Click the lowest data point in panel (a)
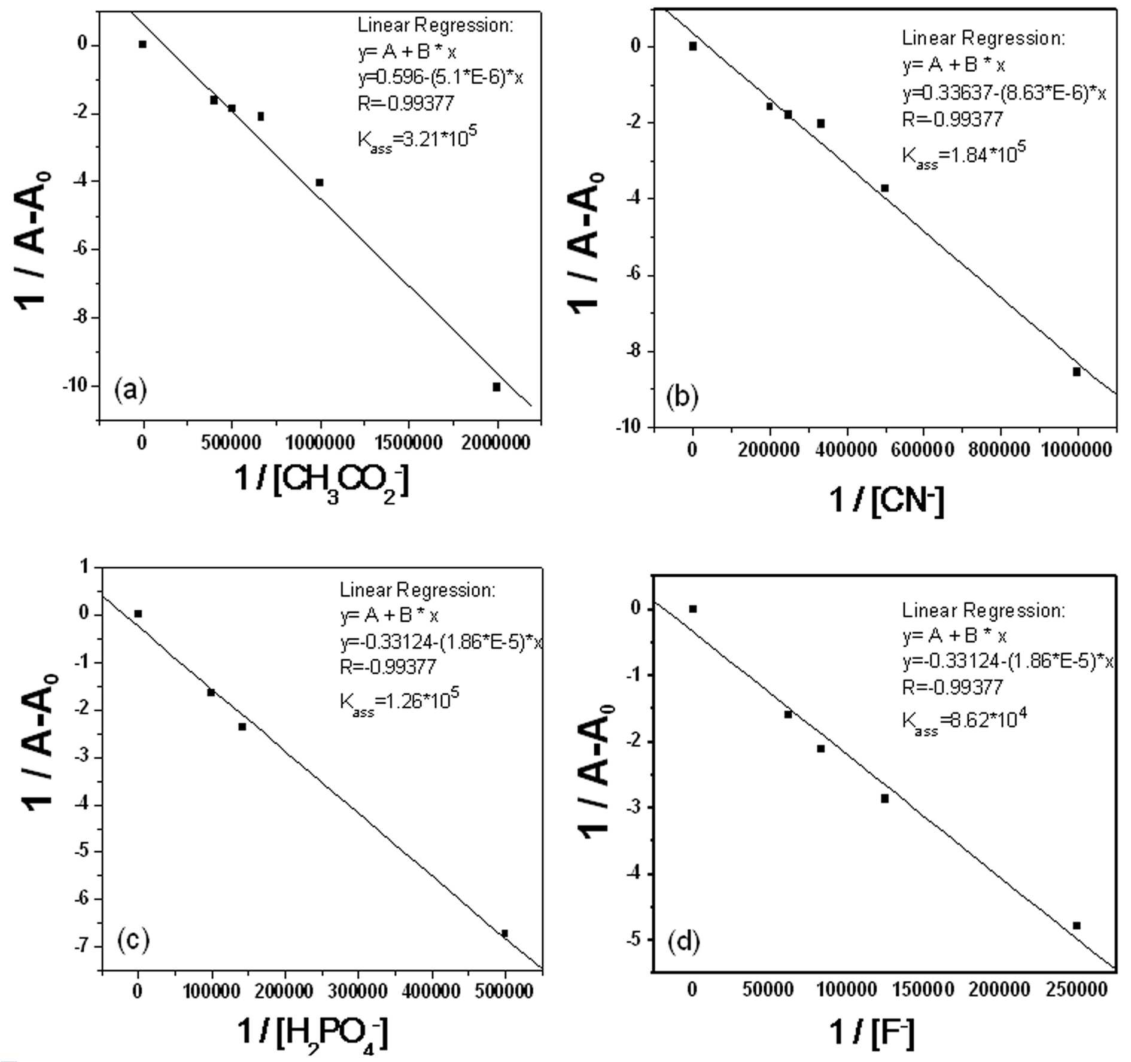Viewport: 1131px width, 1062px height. coord(496,387)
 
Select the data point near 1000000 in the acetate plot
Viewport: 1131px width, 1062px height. coord(320,182)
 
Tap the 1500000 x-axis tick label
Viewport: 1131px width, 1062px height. coord(409,443)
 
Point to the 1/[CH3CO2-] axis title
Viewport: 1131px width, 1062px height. coord(322,482)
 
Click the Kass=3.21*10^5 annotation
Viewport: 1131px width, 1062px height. coord(417,139)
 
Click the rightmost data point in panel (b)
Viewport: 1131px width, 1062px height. coord(1077,372)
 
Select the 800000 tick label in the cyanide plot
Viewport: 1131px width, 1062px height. coord(999,449)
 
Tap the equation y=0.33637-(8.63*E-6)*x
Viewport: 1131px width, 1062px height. coord(1004,93)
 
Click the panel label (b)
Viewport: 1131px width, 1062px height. coord(682,397)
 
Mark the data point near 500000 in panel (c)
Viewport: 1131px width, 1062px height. coord(504,933)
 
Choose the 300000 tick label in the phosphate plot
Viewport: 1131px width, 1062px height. coord(358,991)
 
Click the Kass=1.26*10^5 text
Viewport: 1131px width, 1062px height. coord(399,701)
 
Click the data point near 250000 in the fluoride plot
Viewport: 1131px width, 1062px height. coord(1077,926)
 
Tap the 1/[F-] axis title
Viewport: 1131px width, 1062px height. coord(871,1032)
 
